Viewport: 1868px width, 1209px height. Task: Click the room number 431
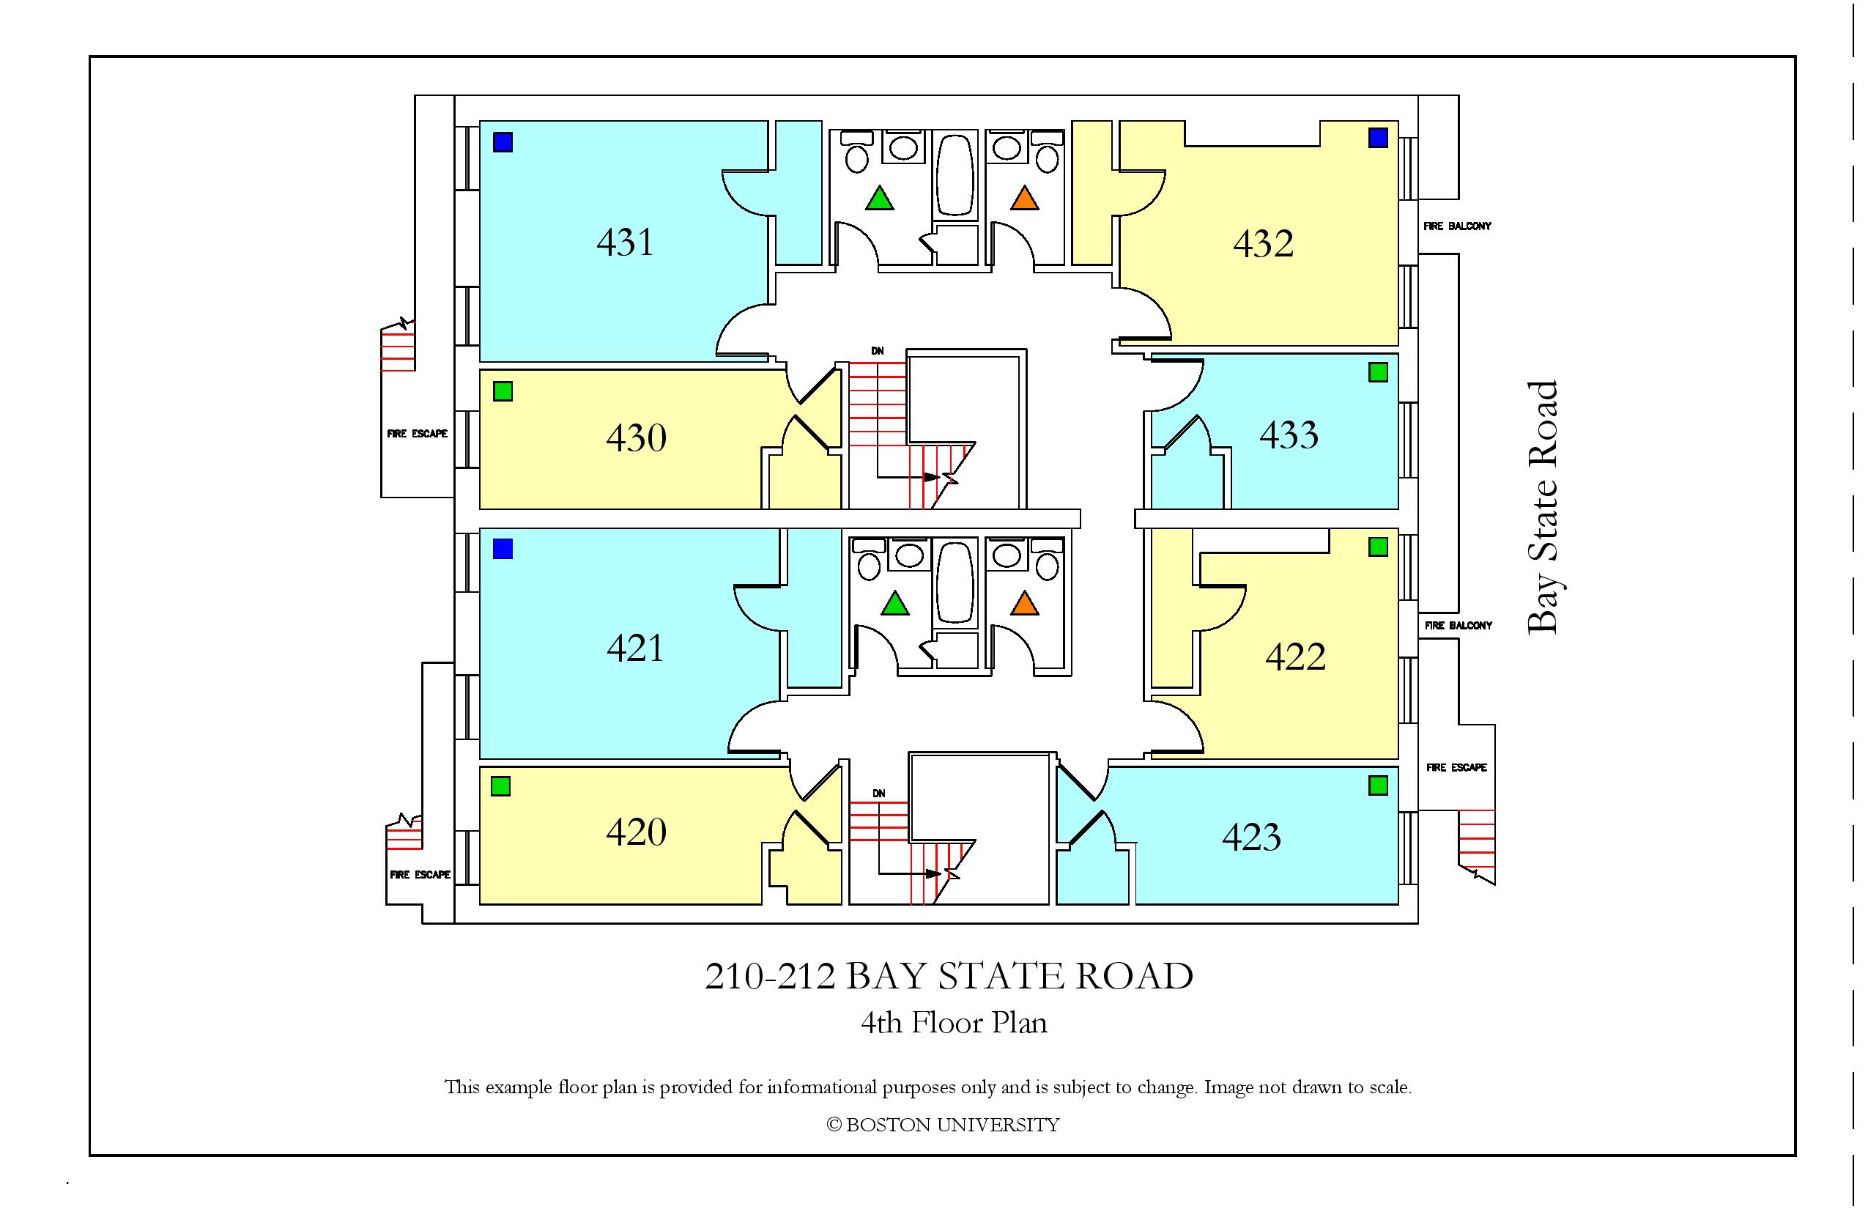click(625, 242)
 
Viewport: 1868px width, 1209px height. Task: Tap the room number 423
click(1251, 837)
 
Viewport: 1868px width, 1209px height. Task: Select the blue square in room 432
click(1377, 138)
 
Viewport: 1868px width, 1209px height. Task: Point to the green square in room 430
click(503, 391)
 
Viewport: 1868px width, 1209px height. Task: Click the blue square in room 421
click(503, 548)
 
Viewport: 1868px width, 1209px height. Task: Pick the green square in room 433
click(1377, 371)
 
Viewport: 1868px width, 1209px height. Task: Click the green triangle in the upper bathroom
click(879, 198)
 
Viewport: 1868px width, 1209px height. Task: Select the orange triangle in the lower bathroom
click(1024, 603)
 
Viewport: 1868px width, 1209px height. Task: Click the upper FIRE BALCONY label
click(1457, 226)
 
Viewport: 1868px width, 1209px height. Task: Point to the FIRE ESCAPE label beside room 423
click(1456, 767)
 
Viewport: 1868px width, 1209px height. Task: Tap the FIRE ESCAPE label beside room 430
click(417, 433)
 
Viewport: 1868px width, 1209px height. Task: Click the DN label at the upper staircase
click(878, 351)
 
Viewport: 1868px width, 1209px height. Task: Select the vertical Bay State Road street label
click(1543, 508)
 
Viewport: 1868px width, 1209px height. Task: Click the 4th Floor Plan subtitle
click(954, 1023)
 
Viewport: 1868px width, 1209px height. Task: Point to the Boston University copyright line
click(943, 1125)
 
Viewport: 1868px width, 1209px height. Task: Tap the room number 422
click(1295, 657)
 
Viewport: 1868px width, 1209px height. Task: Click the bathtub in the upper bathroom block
click(955, 174)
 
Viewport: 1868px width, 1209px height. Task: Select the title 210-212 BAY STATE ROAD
click(949, 976)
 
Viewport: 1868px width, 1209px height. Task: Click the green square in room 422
click(1377, 547)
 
